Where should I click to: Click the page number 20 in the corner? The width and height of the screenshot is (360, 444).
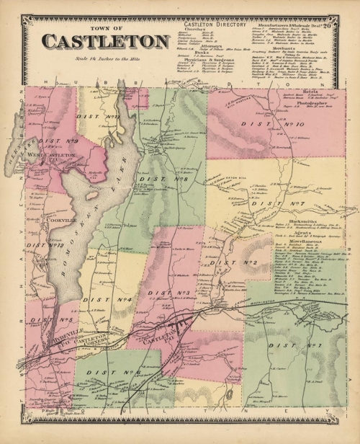(x=346, y=25)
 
